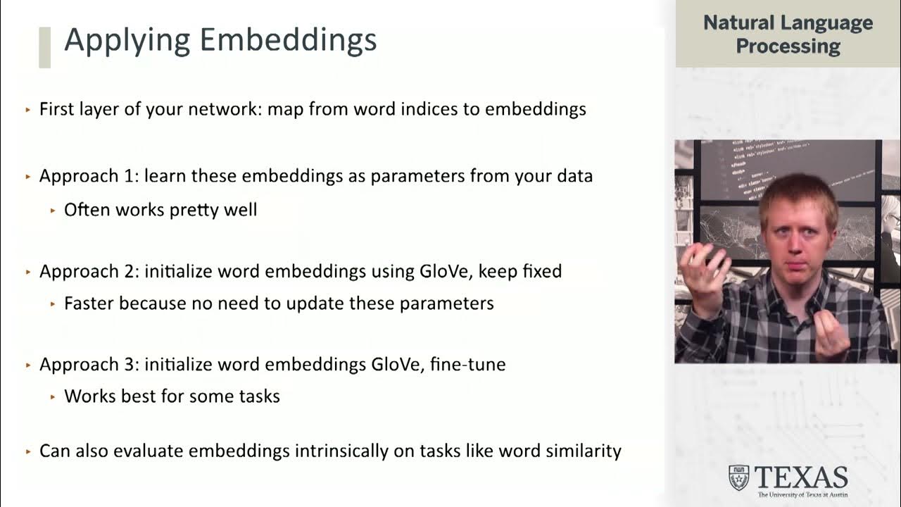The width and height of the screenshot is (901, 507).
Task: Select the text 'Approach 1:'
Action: [x=89, y=176]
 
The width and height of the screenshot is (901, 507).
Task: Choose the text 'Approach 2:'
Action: [x=89, y=271]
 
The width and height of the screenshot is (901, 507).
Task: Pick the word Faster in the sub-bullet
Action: [x=89, y=303]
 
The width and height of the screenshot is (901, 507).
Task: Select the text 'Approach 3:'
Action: [x=89, y=365]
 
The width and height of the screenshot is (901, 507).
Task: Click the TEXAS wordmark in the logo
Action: [x=800, y=477]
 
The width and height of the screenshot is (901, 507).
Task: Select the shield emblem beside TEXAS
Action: [x=738, y=477]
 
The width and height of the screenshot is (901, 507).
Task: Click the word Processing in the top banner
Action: [x=788, y=46]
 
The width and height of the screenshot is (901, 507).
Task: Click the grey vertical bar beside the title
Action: [x=44, y=47]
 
